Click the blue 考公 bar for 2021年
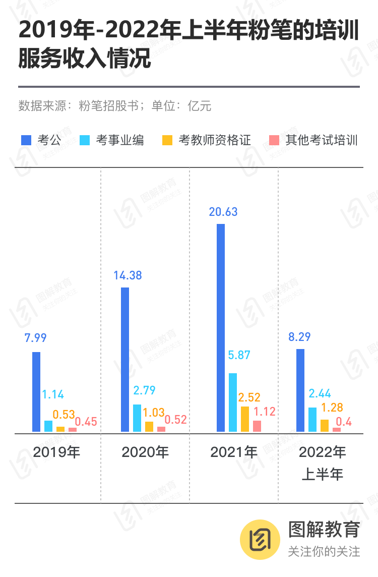tap(221, 328)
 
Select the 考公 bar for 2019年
tap(36, 392)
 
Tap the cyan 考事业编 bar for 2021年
tap(233, 402)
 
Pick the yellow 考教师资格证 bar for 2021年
tap(245, 419)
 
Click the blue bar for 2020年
tap(125, 360)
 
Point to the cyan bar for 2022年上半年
tap(312, 420)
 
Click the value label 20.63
tap(223, 212)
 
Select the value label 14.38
tap(128, 275)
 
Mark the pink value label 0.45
tap(86, 421)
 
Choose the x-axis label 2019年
tap(56, 452)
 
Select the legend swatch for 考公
tap(27, 140)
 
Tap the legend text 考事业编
tap(120, 140)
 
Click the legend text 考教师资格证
tap(215, 140)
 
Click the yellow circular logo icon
tap(259, 540)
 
